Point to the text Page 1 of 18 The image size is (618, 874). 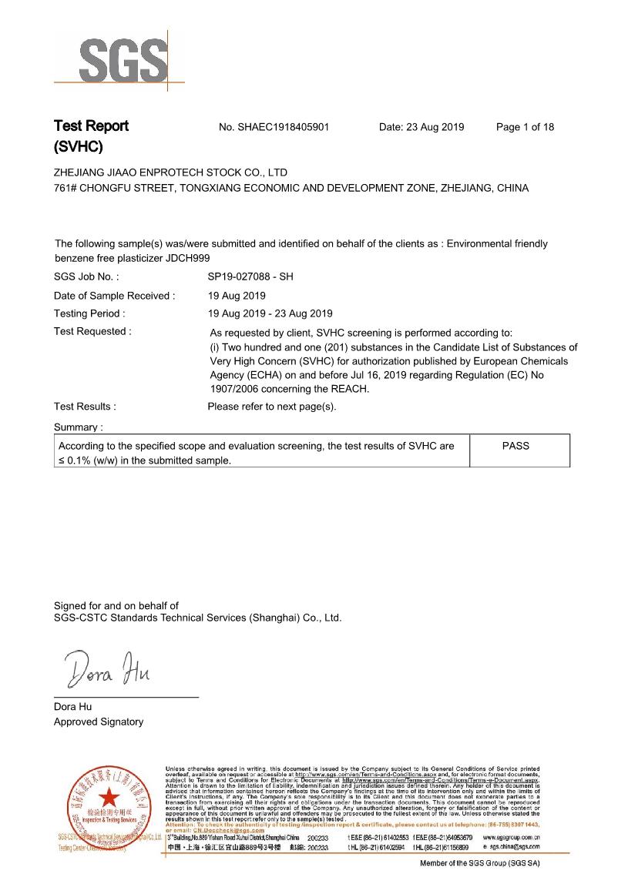525,127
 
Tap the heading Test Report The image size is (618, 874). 91,126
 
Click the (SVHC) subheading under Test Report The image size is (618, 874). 78,146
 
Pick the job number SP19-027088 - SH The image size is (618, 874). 250,276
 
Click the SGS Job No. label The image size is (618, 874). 86,276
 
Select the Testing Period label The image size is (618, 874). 89,313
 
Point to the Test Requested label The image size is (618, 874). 92,332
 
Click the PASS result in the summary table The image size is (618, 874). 516,446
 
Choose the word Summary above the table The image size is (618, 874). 78,427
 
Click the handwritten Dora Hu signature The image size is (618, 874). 108,669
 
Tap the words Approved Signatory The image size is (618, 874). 98,722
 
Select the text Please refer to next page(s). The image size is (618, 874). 272,407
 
